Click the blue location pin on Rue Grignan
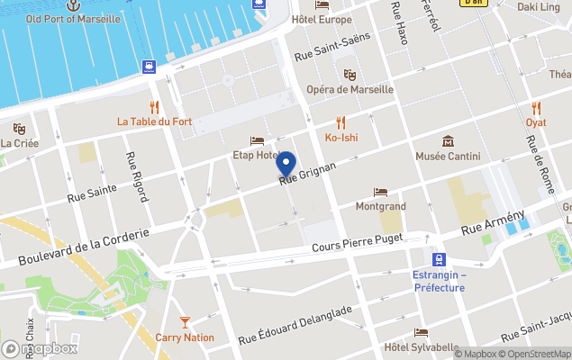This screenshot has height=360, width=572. [x=286, y=164]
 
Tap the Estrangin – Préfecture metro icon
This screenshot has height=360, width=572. [x=440, y=258]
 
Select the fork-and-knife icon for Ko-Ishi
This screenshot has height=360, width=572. [x=340, y=122]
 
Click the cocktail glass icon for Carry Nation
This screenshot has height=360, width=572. [x=185, y=321]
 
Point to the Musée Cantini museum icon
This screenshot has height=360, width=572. [x=448, y=141]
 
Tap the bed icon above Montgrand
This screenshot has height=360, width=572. [x=380, y=192]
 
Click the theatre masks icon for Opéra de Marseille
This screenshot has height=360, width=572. [x=350, y=75]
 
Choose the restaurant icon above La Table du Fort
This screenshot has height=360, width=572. [x=154, y=106]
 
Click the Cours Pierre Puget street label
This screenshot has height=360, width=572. [x=354, y=245]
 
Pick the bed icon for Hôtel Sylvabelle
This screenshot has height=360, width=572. [x=421, y=333]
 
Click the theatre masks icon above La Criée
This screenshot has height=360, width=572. [x=19, y=129]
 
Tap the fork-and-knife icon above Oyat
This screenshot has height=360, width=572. [x=537, y=107]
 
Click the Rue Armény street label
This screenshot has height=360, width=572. [x=493, y=224]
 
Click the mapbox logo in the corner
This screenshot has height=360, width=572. [x=40, y=348]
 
